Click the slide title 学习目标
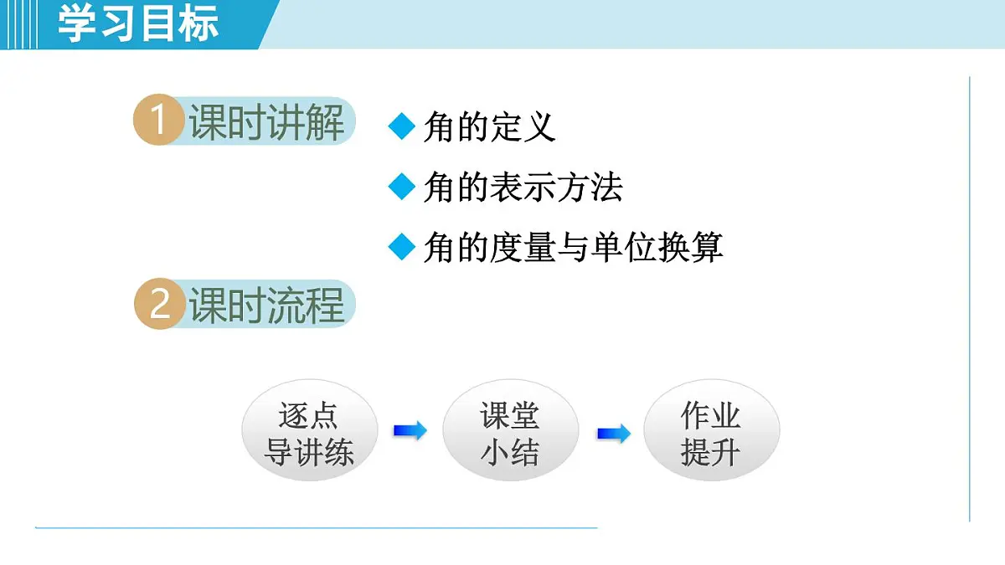138,23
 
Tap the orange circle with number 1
158,121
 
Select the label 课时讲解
267,122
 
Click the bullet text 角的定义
490,127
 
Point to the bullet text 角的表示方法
523,187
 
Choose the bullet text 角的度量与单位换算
574,248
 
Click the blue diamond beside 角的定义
403,127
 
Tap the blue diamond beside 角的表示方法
403,187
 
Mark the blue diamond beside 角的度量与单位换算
403,248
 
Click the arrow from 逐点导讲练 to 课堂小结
410,431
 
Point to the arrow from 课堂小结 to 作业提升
613,434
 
